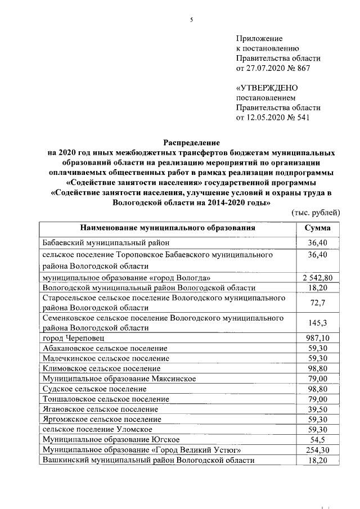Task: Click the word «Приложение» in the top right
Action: point(259,38)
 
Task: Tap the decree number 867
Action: point(303,69)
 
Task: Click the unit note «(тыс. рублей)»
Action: point(316,213)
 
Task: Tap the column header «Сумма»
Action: point(318,228)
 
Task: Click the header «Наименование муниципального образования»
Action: point(168,228)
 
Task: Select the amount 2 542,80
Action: point(318,278)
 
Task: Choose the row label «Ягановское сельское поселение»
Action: point(99,409)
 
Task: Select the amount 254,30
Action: point(318,450)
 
